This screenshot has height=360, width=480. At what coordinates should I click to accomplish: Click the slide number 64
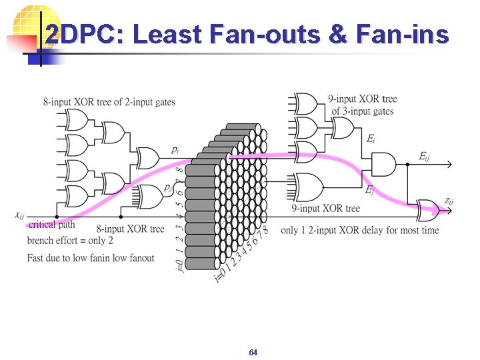[253, 352]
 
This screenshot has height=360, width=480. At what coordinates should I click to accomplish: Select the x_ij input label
[21, 215]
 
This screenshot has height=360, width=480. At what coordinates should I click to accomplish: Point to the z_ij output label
[450, 201]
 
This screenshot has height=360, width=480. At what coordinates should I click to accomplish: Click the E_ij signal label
[424, 156]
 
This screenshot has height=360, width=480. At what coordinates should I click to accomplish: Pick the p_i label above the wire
[174, 149]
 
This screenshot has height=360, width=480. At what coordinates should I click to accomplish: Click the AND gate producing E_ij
[383, 163]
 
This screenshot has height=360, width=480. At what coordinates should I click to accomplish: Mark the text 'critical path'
[52, 225]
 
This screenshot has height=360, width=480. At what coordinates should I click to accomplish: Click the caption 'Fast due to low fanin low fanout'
[91, 257]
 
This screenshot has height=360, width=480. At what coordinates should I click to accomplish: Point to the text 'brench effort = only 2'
[70, 240]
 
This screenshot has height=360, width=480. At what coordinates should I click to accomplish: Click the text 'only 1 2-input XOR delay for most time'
[360, 230]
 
